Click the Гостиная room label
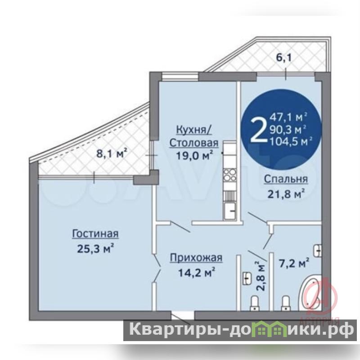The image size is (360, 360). [95, 234]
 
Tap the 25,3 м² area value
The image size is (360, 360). [96, 249]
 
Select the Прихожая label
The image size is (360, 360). [196, 258]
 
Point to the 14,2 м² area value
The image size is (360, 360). [197, 273]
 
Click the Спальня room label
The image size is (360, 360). [286, 179]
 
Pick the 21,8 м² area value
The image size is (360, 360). [286, 194]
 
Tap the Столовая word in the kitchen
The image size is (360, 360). [194, 143]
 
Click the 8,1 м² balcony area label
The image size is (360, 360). [112, 153]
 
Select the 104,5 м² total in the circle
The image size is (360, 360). [291, 142]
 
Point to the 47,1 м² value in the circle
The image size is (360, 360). [288, 117]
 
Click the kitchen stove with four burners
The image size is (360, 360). [229, 175]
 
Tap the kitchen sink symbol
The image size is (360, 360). [229, 211]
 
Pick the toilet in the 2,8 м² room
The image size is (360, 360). [254, 303]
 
